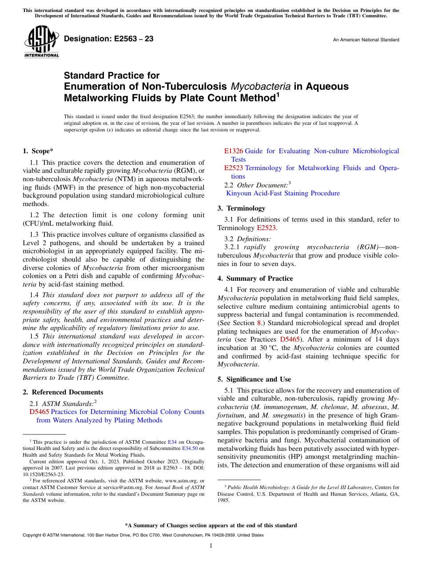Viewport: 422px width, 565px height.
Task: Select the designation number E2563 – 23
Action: click(x=109, y=39)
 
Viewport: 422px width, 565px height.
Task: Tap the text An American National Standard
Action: click(x=366, y=40)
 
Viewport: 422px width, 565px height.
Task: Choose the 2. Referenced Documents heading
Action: click(x=63, y=392)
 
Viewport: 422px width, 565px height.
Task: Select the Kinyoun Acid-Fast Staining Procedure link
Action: click(x=283, y=193)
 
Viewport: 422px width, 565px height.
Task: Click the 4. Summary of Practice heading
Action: click(x=255, y=279)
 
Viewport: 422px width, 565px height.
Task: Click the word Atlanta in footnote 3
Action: click(x=380, y=493)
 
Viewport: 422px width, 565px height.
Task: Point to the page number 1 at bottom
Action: click(x=211, y=545)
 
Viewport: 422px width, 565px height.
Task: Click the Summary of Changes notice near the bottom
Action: click(x=211, y=525)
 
